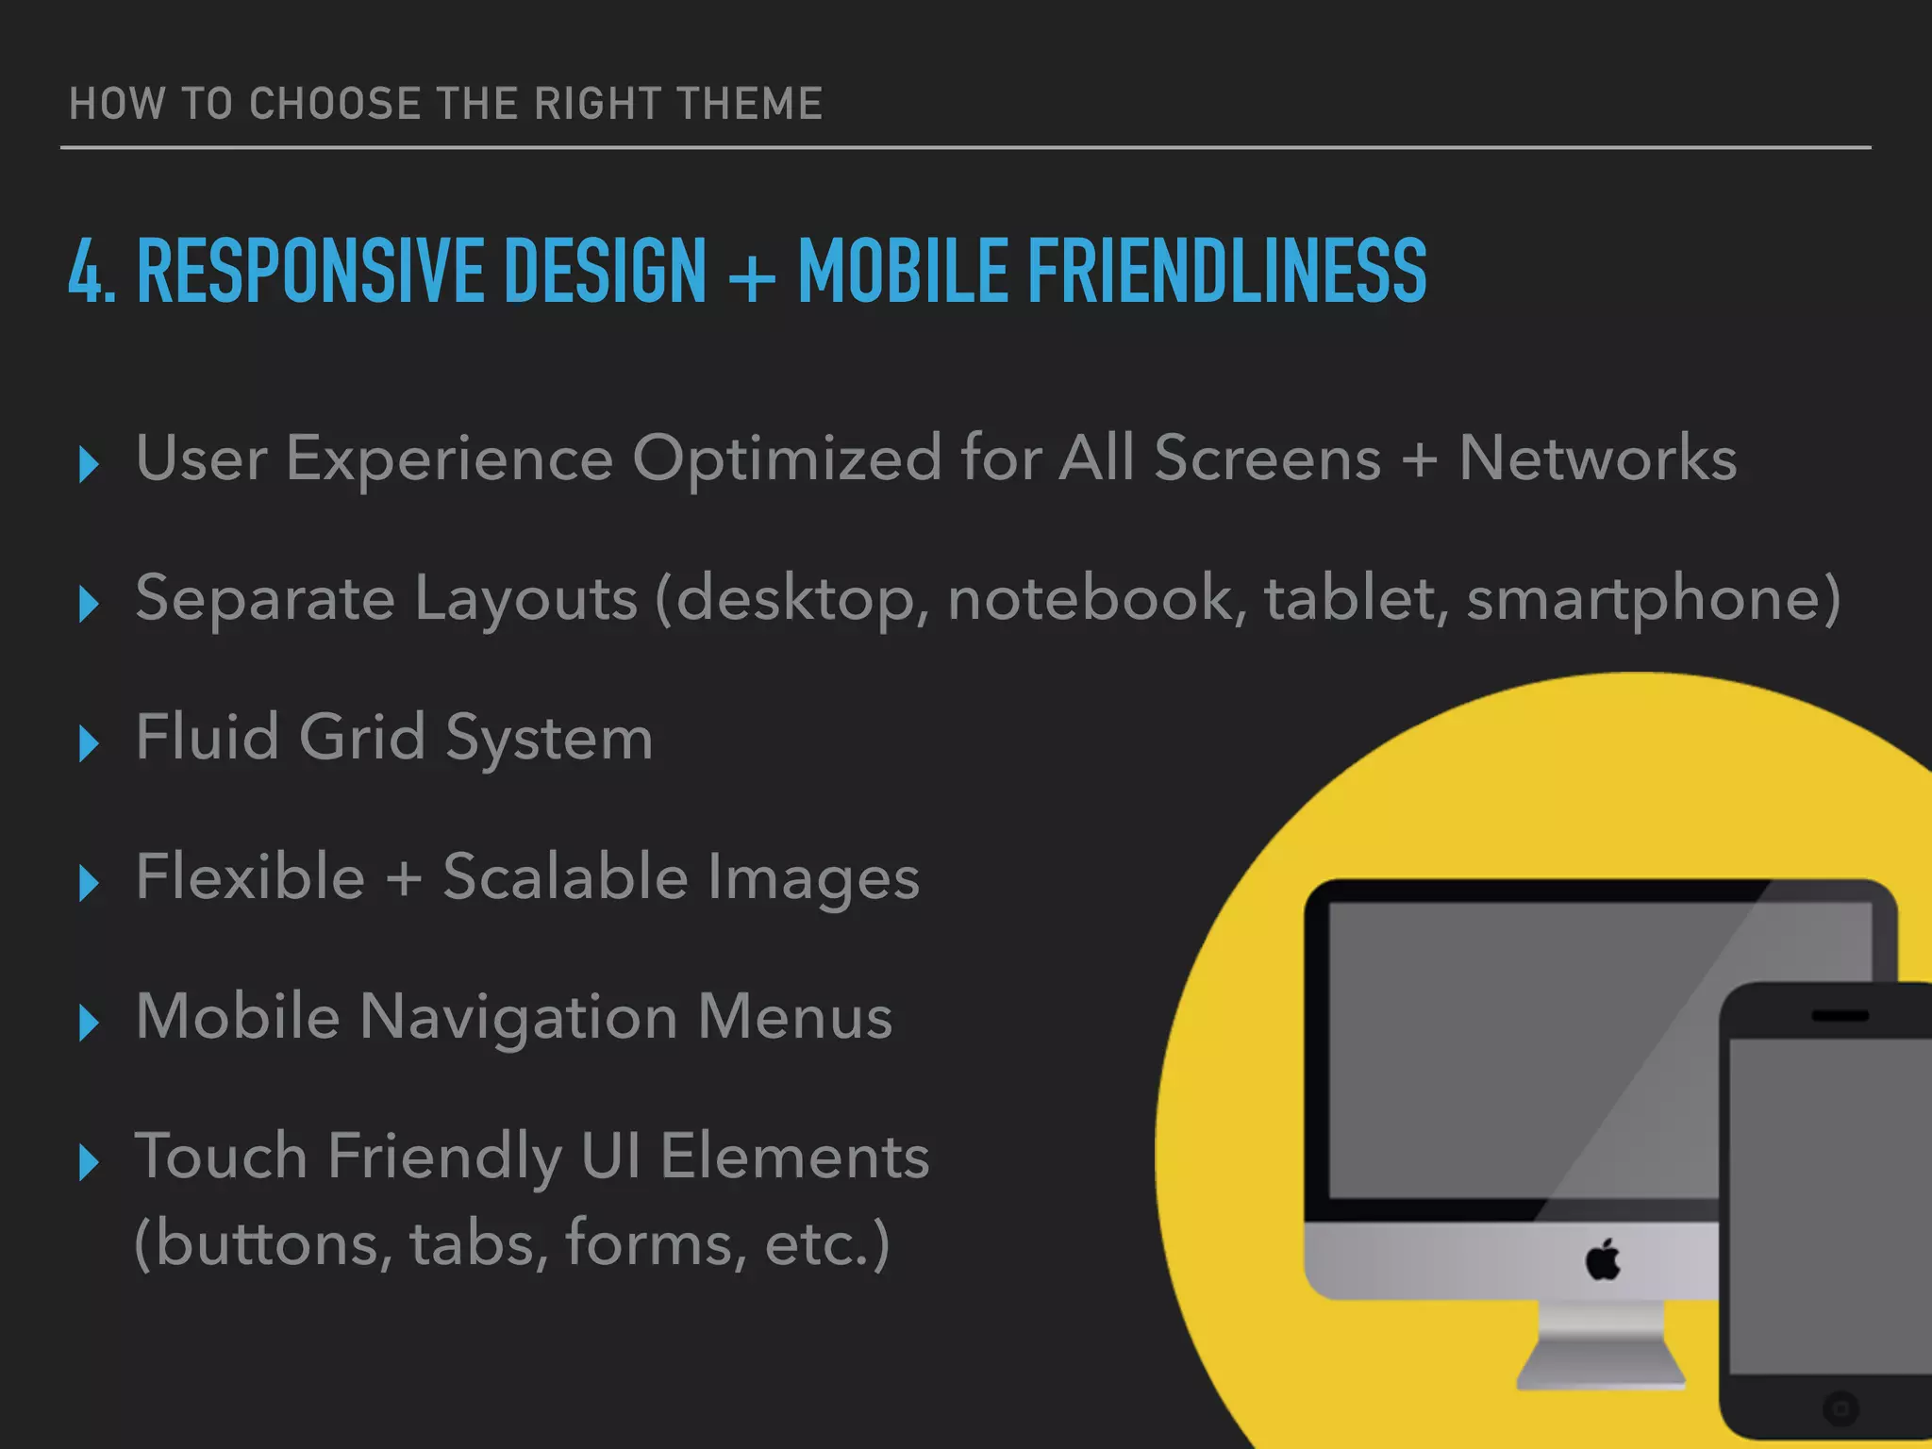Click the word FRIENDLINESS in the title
click(1226, 272)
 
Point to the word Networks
click(1597, 458)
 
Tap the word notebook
click(1091, 598)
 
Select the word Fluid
click(207, 737)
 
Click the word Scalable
click(566, 876)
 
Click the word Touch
click(222, 1157)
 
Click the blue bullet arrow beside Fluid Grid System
click(89, 743)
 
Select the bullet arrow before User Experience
click(89, 464)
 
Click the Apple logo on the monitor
click(1603, 1259)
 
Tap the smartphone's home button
click(1839, 1408)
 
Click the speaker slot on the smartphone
click(1840, 1016)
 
